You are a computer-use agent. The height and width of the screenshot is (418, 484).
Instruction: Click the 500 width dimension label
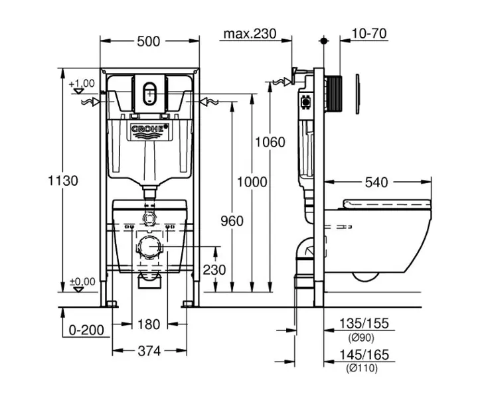[x=149, y=41]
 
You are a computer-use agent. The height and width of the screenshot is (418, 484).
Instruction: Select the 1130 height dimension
[x=64, y=180]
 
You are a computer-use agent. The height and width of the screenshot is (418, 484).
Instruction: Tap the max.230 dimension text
[x=249, y=34]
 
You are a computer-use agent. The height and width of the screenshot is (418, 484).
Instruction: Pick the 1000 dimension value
[x=252, y=182]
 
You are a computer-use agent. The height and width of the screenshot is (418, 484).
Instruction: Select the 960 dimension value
[x=232, y=221]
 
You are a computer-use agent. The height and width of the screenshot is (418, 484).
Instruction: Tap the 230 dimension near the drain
[x=214, y=270]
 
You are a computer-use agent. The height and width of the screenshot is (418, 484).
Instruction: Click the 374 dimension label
[x=149, y=351]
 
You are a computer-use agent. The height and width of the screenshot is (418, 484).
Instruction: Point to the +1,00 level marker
[x=82, y=83]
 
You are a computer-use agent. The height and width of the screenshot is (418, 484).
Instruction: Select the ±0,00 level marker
[x=82, y=281]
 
